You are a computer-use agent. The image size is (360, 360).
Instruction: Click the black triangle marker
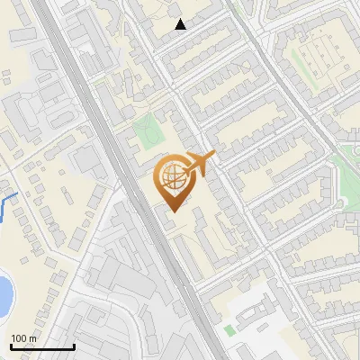point(181,24)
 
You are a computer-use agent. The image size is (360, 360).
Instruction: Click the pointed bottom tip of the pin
point(173,211)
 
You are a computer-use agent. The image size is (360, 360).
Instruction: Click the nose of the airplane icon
point(214,155)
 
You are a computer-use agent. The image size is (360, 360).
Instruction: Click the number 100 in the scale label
point(19,338)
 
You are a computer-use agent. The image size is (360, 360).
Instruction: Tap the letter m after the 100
point(32,338)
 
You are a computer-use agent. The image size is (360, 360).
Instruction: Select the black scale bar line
point(41,347)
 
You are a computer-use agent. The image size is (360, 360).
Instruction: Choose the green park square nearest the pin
point(146,132)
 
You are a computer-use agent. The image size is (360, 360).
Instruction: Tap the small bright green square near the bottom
point(229,330)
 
